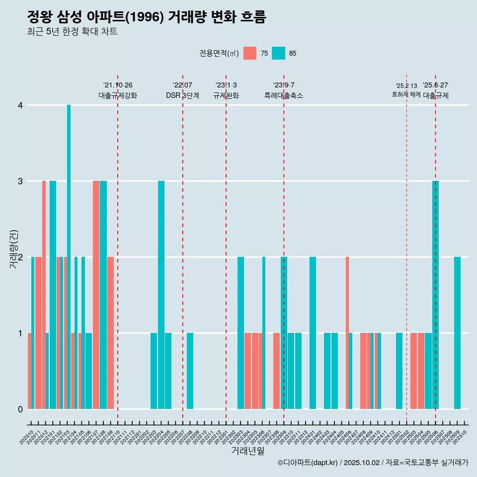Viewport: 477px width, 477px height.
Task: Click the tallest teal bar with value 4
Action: (69, 257)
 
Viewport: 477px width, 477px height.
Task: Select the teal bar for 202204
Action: (161, 295)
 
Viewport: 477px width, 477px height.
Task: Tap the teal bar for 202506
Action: (435, 295)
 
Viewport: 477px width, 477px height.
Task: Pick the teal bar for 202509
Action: (457, 333)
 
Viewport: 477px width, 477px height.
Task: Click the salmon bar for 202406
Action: (347, 333)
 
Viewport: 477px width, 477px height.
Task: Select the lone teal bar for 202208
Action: (190, 371)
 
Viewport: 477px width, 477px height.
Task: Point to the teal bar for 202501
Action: (399, 371)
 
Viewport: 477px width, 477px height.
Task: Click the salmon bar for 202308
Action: (276, 371)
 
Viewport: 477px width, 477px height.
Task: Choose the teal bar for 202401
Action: (313, 333)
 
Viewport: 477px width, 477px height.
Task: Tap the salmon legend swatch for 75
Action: (250, 53)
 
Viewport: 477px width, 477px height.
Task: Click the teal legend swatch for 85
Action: (279, 53)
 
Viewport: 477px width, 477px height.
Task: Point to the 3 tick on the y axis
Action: (20, 181)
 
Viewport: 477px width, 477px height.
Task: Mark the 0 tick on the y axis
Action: (20, 409)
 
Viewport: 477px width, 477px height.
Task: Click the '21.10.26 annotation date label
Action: (118, 85)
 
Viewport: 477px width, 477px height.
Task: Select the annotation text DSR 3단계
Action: (183, 95)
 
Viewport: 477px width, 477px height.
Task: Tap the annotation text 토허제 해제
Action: (406, 94)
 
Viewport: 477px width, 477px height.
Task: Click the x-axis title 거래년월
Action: (247, 451)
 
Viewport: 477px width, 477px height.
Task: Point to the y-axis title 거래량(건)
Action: (13, 249)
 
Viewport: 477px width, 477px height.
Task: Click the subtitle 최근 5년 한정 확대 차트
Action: (72, 32)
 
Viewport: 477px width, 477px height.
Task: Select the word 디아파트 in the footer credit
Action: (297, 463)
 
